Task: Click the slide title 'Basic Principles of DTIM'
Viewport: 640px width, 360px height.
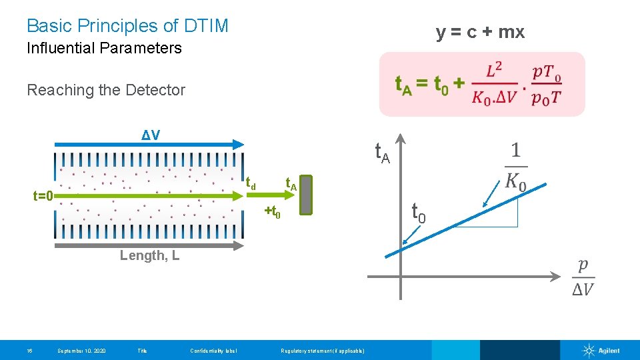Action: tap(127, 26)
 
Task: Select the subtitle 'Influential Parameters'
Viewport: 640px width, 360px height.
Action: tap(104, 48)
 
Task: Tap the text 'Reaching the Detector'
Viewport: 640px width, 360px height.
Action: tap(106, 90)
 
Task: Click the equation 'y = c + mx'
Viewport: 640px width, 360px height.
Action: tap(480, 32)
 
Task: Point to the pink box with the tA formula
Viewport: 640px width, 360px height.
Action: tap(481, 85)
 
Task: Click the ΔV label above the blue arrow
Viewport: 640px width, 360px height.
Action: tap(151, 135)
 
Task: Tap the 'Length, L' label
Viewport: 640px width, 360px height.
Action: tap(149, 255)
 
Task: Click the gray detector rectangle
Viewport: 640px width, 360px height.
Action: tap(306, 196)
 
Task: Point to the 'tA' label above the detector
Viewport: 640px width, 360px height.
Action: tap(291, 183)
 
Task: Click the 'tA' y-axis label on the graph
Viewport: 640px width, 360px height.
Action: tap(381, 154)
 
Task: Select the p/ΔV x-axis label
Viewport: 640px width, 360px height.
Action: tap(583, 277)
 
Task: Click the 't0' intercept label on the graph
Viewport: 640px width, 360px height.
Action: tap(419, 213)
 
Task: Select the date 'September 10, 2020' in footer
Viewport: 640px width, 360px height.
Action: tap(81, 351)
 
